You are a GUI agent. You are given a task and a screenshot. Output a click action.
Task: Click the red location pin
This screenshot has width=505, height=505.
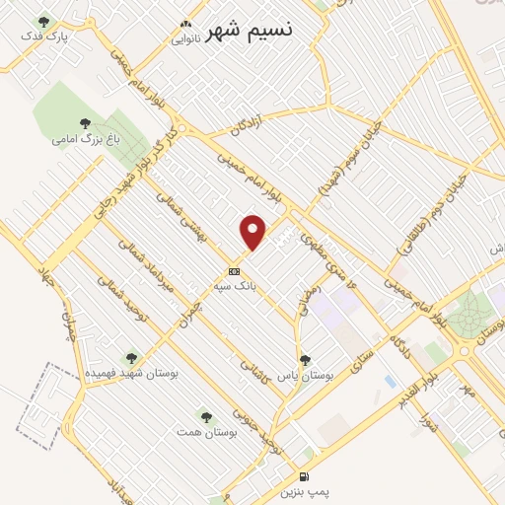[253, 232]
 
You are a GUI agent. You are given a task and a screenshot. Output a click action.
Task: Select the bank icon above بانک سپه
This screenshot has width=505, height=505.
[234, 270]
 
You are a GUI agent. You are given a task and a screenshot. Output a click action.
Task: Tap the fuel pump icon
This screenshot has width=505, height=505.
[304, 475]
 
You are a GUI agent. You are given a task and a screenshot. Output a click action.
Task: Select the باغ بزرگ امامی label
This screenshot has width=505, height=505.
[79, 139]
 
